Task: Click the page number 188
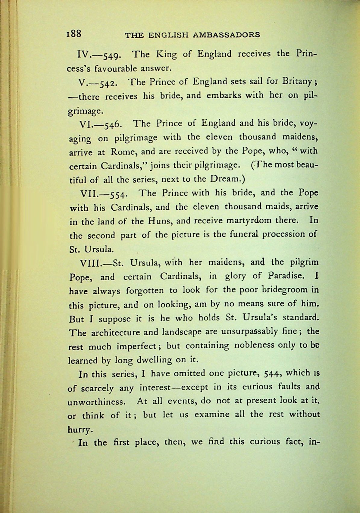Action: (74, 33)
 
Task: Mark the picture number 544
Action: (273, 374)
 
